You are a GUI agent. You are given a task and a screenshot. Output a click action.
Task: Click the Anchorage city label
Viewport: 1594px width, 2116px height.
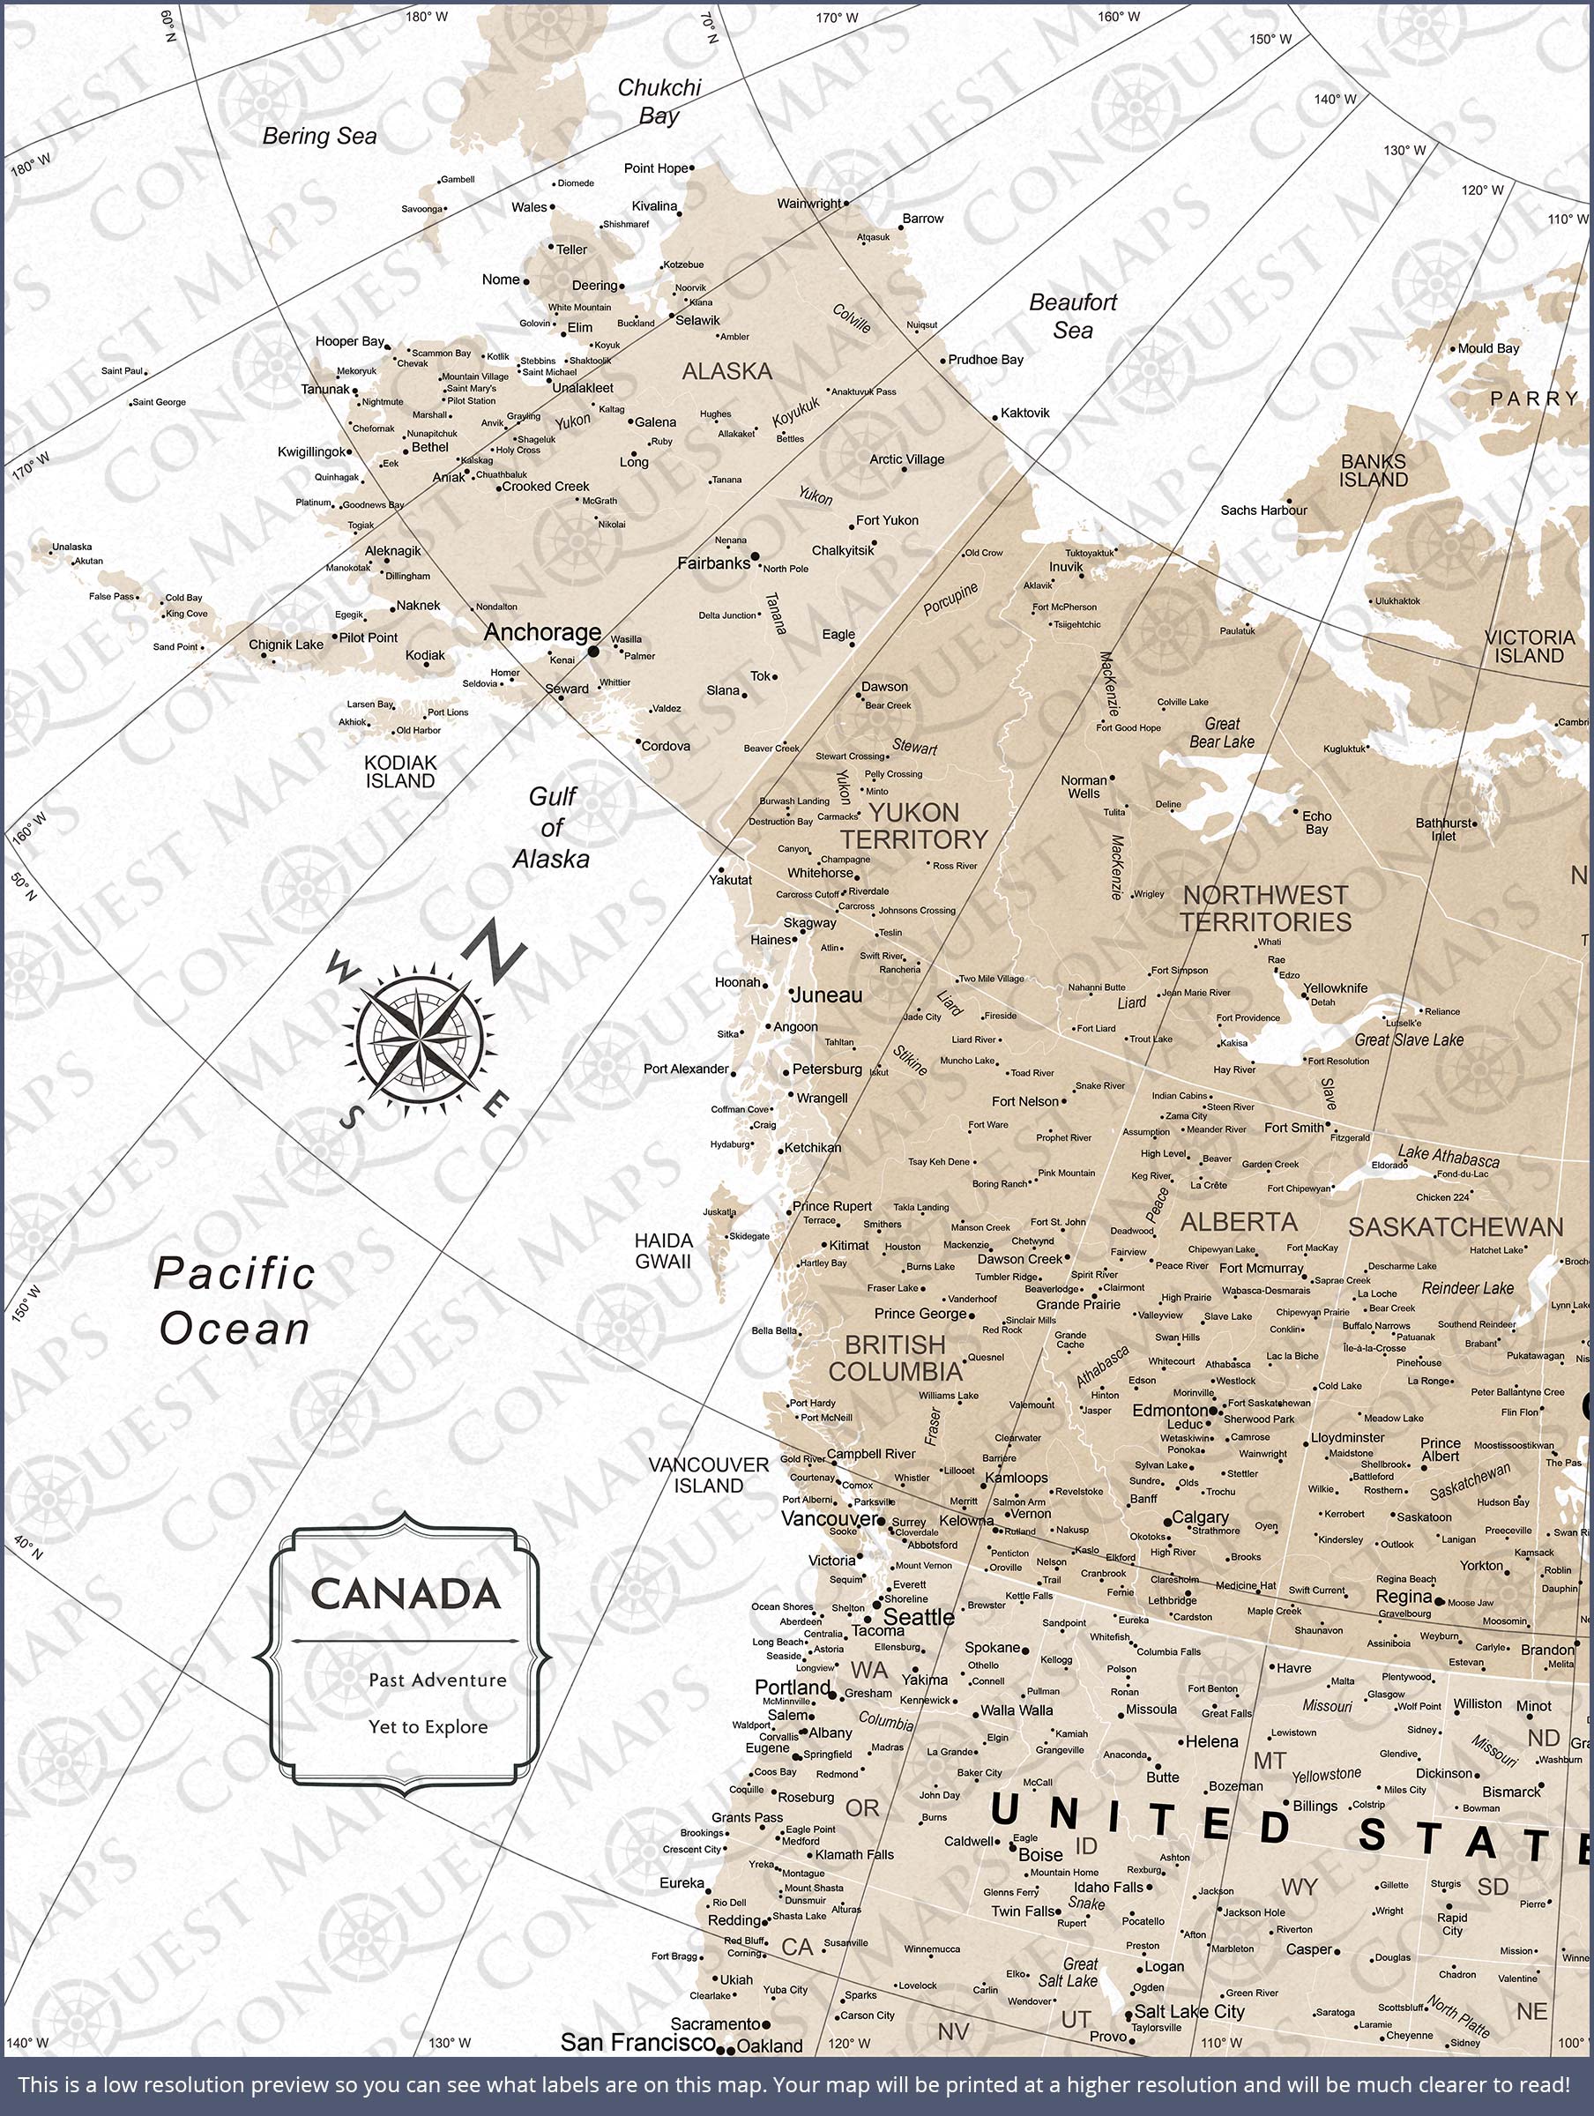(541, 632)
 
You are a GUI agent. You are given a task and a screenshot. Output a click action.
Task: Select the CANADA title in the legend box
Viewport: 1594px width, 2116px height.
(405, 1595)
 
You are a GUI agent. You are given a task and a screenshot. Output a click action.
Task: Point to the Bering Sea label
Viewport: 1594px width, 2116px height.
(319, 137)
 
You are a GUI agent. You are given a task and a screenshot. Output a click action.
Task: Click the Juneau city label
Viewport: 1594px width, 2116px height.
(827, 995)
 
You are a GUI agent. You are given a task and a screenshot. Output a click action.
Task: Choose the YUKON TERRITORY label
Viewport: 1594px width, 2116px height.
(912, 826)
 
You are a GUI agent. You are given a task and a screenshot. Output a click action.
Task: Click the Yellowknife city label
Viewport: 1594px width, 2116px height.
(1335, 988)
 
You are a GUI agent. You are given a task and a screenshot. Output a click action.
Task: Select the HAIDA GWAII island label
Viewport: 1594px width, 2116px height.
(663, 1251)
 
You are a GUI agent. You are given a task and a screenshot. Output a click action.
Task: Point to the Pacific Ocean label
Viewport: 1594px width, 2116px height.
(235, 1301)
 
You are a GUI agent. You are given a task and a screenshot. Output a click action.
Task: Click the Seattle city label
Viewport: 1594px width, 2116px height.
(919, 1618)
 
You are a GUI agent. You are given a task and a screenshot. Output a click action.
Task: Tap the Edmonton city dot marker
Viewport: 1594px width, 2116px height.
(1213, 1410)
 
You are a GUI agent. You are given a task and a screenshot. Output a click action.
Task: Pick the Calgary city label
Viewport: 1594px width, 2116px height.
(1200, 1517)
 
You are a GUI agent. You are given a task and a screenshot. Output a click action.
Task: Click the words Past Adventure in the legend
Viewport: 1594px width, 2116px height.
(437, 1680)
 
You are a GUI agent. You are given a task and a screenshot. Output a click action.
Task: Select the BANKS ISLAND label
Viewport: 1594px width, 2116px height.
(1373, 471)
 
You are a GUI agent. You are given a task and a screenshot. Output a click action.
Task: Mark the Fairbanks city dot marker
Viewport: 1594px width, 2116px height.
(755, 555)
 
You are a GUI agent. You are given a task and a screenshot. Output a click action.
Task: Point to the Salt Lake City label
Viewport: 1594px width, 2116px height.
(1188, 2011)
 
